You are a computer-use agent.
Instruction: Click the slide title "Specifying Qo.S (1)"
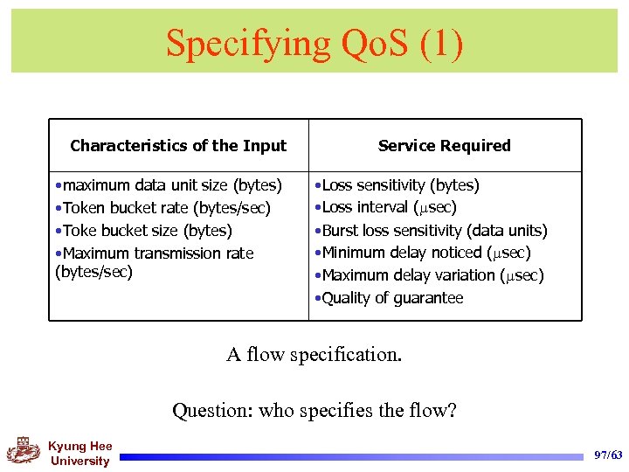point(314,42)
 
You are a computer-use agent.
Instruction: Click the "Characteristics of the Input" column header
point(178,146)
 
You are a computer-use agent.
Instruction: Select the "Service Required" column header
point(444,146)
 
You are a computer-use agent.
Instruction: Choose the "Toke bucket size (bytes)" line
point(145,231)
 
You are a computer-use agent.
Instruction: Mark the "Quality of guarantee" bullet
point(391,298)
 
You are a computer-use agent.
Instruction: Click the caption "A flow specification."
point(314,354)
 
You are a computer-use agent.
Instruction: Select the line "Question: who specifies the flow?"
point(314,409)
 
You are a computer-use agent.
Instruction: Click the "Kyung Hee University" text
point(79,454)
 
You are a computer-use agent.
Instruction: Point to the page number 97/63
point(607,455)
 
